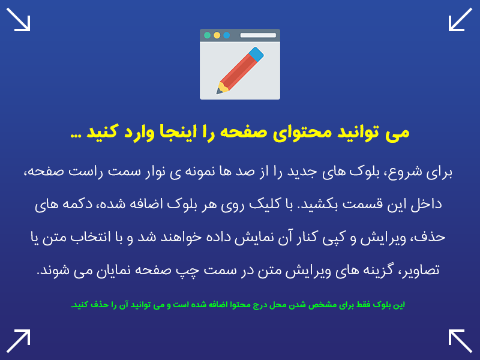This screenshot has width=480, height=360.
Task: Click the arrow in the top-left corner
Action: tap(19, 19)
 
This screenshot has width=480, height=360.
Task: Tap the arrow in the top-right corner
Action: tap(460, 19)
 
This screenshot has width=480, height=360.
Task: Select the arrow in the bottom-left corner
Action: tap(19, 341)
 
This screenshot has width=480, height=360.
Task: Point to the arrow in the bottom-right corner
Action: tap(460, 341)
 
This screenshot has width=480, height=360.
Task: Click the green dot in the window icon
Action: tap(207, 35)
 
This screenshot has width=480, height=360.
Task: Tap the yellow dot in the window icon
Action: tap(217, 35)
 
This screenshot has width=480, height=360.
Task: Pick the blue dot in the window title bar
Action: tap(227, 35)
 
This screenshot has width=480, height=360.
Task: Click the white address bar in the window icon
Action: tap(258, 35)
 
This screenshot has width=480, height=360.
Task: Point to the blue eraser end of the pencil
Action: tap(256, 54)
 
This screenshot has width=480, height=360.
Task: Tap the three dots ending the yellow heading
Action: tap(76, 136)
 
